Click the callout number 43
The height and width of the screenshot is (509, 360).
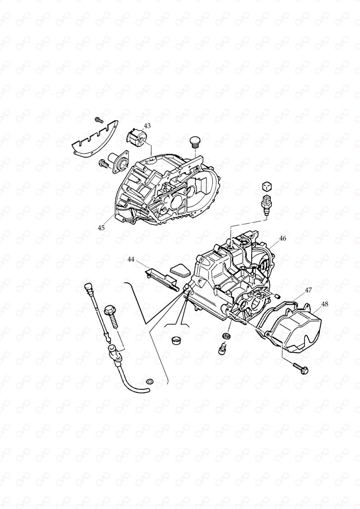[x=147, y=126]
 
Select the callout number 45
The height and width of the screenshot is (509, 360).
[x=101, y=228]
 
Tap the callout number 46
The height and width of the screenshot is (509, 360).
[x=282, y=238]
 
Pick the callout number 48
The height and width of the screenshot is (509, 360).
[x=325, y=304]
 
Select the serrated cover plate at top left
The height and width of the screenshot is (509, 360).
[x=93, y=138]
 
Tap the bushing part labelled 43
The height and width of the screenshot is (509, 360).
[x=136, y=138]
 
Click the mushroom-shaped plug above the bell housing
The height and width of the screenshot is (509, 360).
[x=194, y=141]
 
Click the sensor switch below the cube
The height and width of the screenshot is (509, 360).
[x=266, y=204]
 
